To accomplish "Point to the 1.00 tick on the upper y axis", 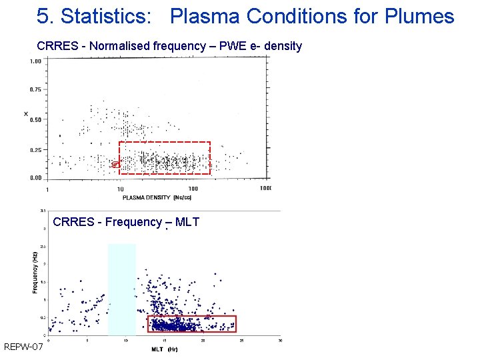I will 35,61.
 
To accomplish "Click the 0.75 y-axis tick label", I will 35,89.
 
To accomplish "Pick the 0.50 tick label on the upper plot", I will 35,120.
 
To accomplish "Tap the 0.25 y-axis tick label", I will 35,150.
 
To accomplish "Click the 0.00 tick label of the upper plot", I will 35,178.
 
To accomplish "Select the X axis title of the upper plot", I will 26,115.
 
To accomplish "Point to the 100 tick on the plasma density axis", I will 193,189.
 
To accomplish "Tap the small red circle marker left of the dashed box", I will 115,163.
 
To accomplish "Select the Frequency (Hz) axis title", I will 35,272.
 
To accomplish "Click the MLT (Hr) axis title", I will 164,349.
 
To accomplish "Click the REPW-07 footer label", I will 23,347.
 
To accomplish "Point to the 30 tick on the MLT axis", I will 280,341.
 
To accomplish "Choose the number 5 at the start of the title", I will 42,16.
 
